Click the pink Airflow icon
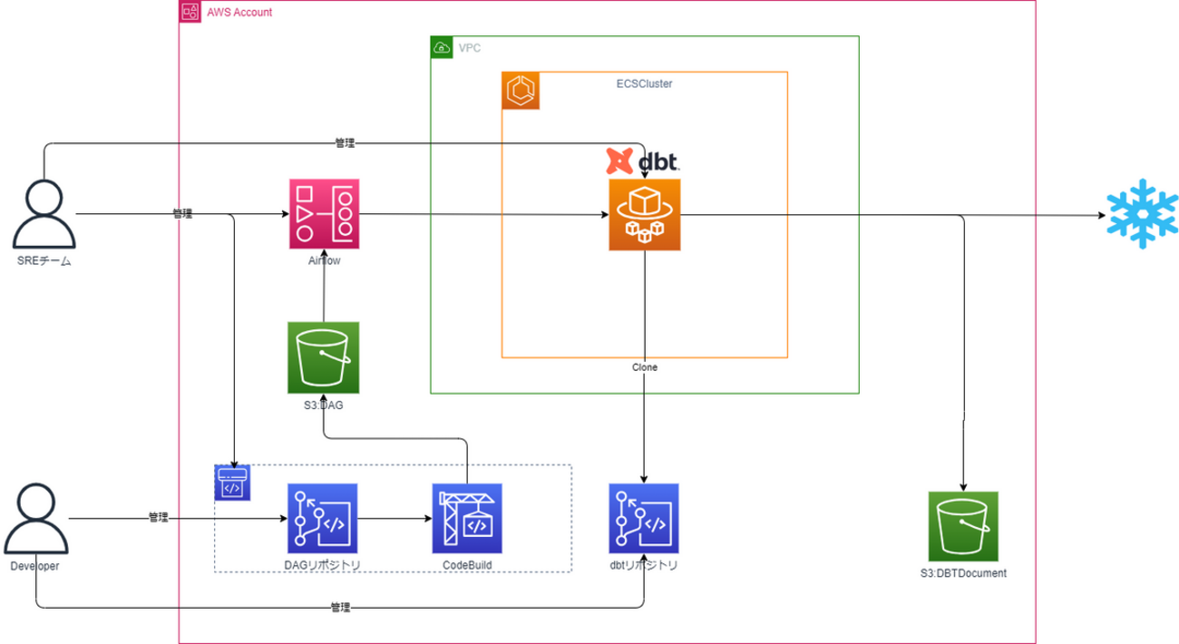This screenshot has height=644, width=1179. (324, 214)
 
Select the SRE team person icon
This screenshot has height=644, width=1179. (44, 215)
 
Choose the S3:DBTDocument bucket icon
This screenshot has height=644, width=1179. (963, 526)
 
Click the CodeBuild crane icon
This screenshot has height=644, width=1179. (467, 519)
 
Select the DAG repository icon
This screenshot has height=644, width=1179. (322, 519)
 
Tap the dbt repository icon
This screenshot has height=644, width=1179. (644, 519)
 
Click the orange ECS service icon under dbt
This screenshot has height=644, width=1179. (644, 214)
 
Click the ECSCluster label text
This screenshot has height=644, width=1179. (644, 83)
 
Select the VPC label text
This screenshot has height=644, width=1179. (471, 47)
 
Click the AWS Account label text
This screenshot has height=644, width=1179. (239, 13)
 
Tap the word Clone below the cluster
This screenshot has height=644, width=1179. (645, 368)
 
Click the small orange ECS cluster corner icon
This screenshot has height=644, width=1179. (521, 91)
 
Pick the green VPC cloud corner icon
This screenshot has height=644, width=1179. (442, 47)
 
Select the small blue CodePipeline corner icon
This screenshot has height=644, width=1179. (232, 483)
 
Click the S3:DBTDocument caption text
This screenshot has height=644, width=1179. (963, 573)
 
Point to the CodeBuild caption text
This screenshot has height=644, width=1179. (467, 565)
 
